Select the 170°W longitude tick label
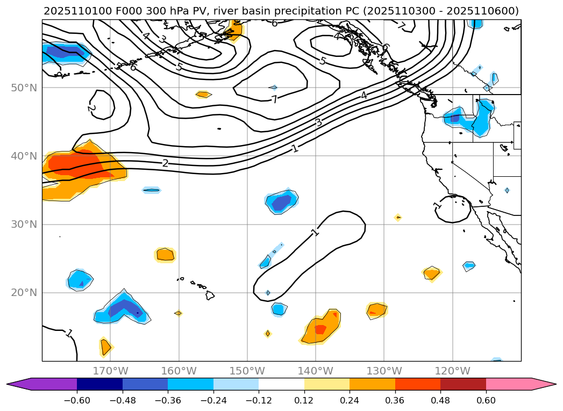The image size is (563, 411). click(110, 371)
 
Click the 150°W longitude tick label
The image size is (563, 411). click(247, 371)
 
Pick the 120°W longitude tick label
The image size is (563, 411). click(452, 371)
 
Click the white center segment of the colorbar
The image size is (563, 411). click(281, 384)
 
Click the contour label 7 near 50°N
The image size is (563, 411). click(274, 99)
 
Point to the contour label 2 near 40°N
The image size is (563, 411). click(165, 163)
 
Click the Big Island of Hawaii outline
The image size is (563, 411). click(210, 295)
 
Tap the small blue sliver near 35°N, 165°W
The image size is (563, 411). click(152, 190)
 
